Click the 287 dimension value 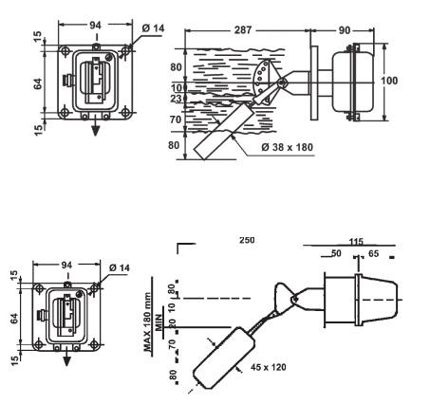pos(243,30)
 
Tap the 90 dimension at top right pos(345,30)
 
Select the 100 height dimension pos(389,81)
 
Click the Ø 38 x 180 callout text pos(287,147)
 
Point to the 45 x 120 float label pos(269,367)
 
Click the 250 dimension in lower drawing pos(247,240)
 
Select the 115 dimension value pos(356,242)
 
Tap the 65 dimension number pos(373,253)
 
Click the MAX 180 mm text pos(147,322)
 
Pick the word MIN pos(159,322)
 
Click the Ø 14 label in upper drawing pos(154,28)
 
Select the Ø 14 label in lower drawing pos(120,267)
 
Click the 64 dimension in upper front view pos(38,83)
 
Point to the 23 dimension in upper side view pos(176,99)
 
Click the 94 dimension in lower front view pos(66,265)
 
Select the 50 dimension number pos(336,253)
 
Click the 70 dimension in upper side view pos(176,119)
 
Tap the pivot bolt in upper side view pos(281,83)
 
